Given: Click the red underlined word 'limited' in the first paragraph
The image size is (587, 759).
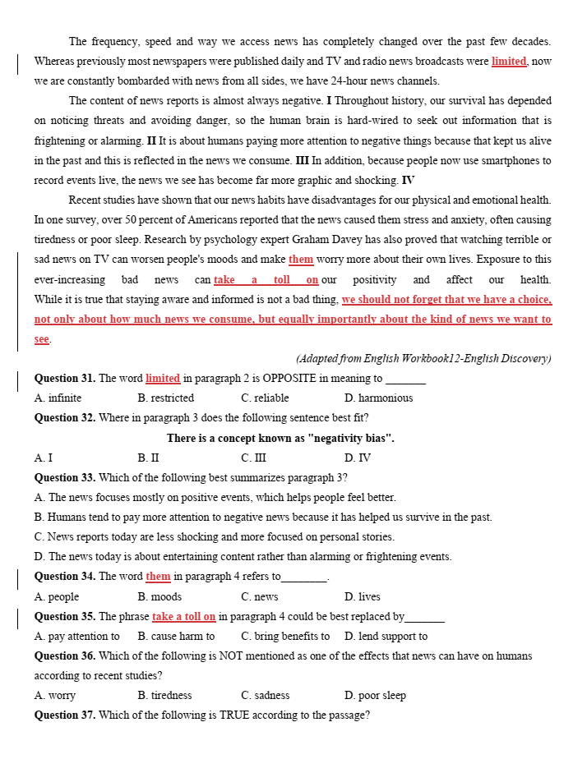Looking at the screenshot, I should tap(509, 62).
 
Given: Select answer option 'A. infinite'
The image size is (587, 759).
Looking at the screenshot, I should tap(58, 398).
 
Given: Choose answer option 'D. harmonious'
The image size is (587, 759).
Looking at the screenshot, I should tap(379, 398).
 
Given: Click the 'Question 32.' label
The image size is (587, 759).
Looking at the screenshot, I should tap(64, 418).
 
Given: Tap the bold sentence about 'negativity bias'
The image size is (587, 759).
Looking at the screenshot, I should tap(280, 439).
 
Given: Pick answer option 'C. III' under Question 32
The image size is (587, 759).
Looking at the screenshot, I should tap(252, 458).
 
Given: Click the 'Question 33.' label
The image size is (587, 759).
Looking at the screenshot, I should tap(64, 478).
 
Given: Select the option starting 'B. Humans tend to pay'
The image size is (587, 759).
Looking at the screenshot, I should tap(263, 517).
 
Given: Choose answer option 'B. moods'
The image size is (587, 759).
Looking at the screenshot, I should tap(159, 597).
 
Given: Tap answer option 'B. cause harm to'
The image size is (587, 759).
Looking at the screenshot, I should tap(176, 637).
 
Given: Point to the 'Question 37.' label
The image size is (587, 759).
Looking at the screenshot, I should tap(64, 715).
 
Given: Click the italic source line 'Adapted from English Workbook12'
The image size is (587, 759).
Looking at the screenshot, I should tap(423, 359).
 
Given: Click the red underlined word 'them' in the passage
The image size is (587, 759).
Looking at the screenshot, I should tap(301, 260).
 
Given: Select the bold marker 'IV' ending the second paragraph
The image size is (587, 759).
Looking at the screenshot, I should tap(408, 181).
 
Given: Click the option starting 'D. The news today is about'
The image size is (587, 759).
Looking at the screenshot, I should tap(243, 557).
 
